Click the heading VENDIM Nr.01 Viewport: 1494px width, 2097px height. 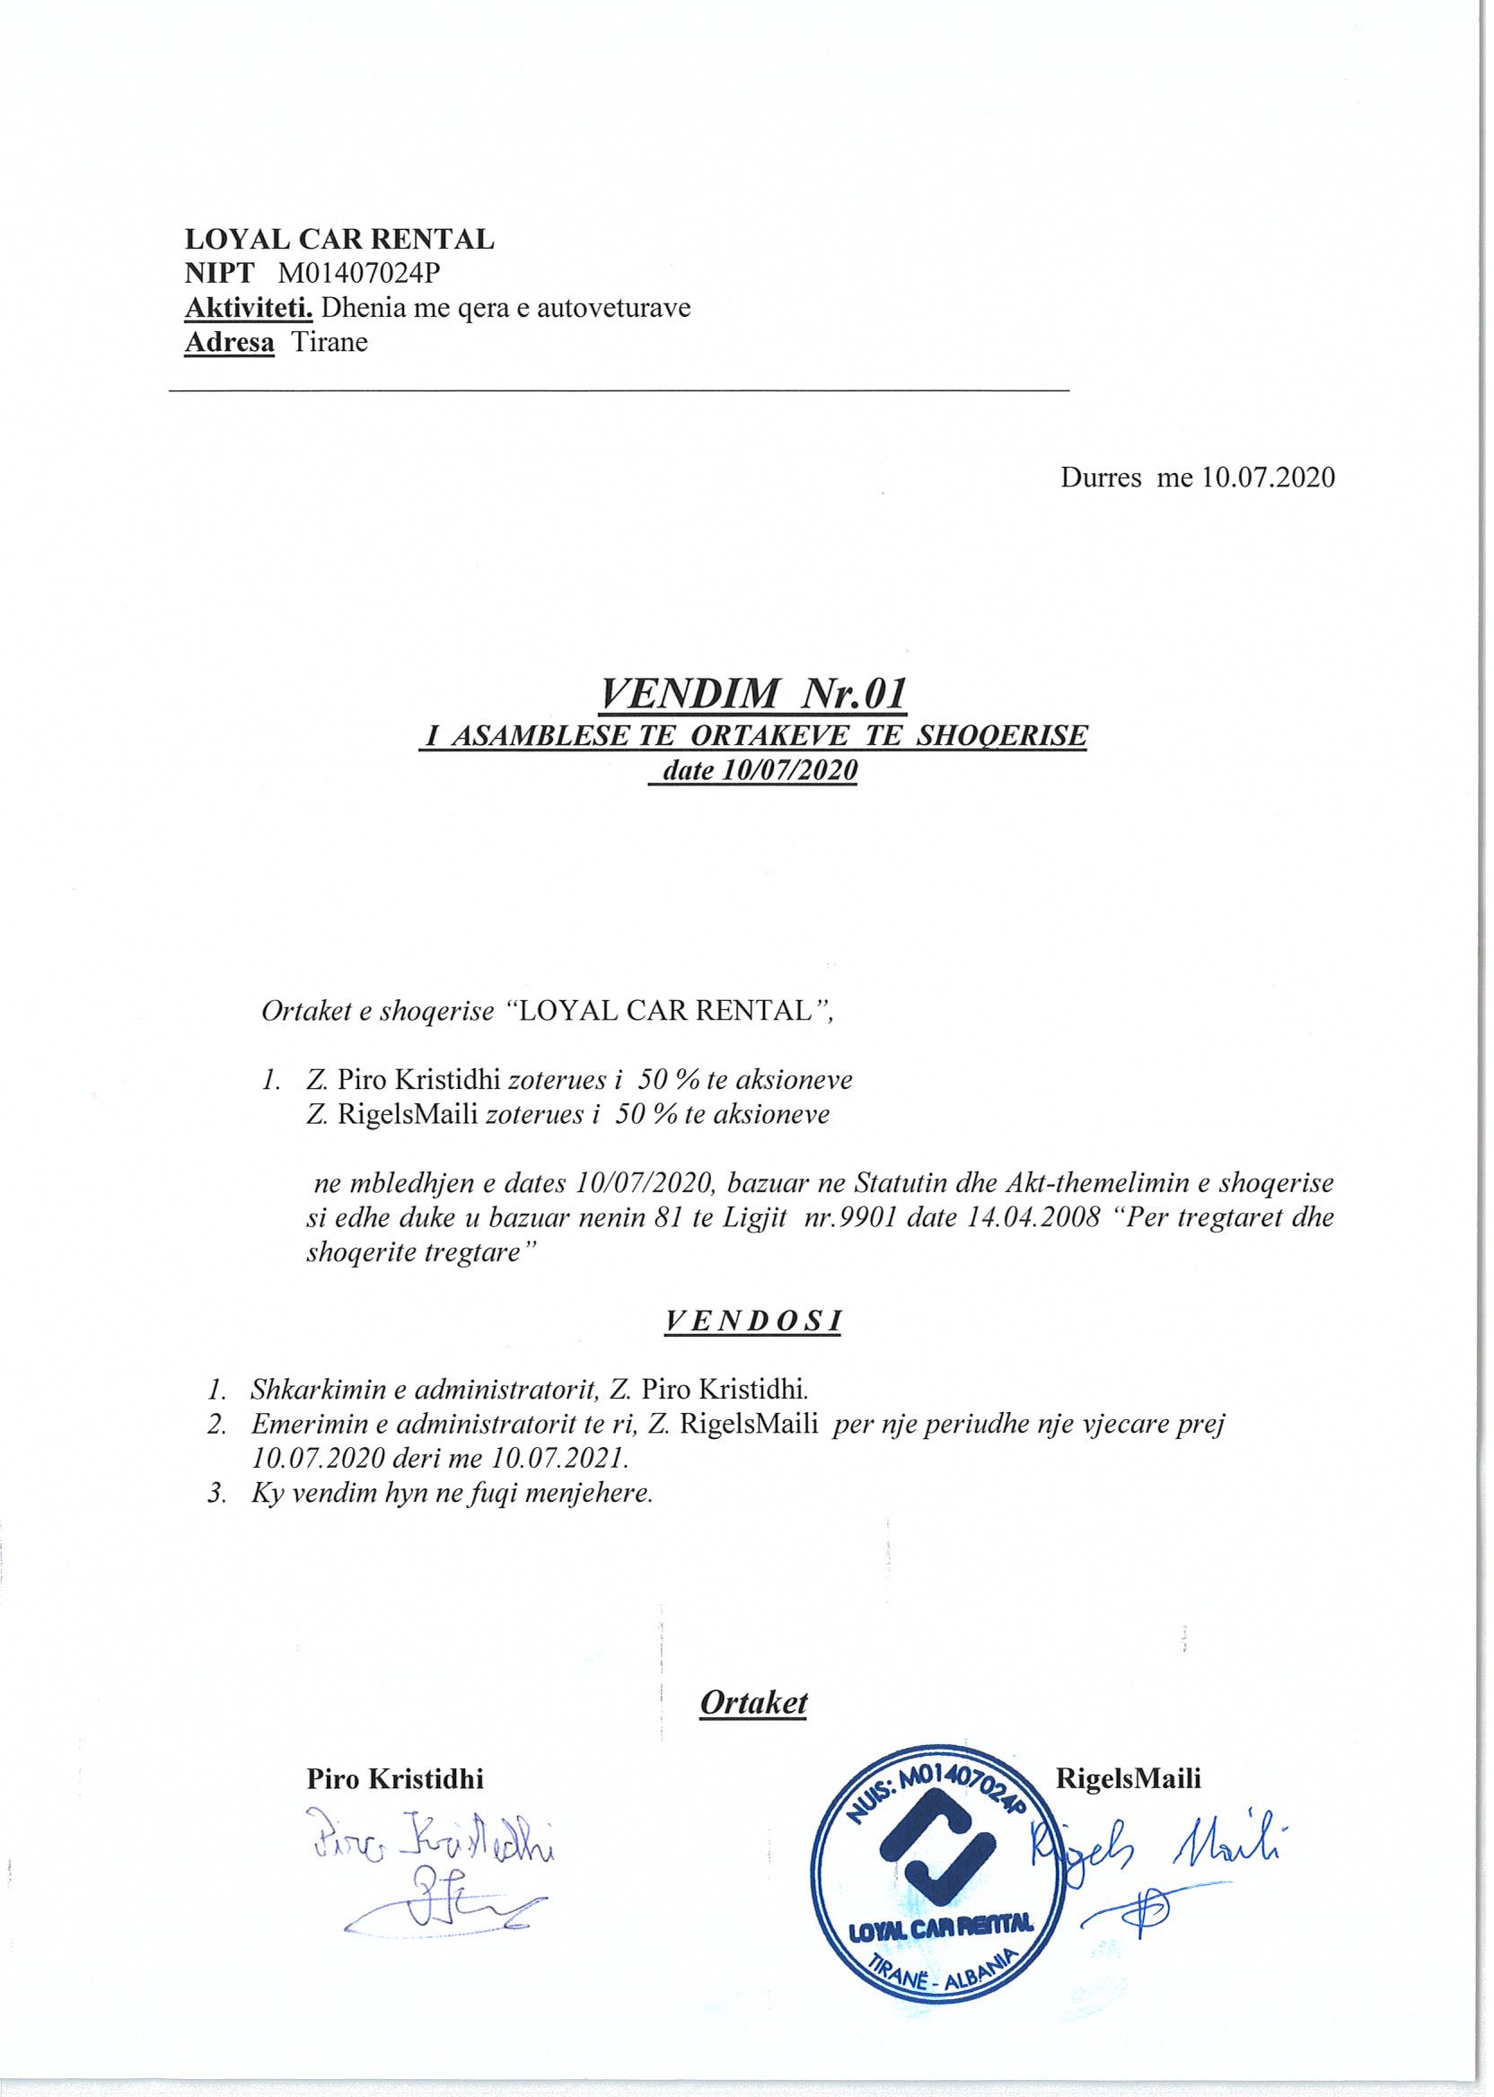[751, 695]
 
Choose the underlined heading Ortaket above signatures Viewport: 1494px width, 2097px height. [752, 1701]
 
